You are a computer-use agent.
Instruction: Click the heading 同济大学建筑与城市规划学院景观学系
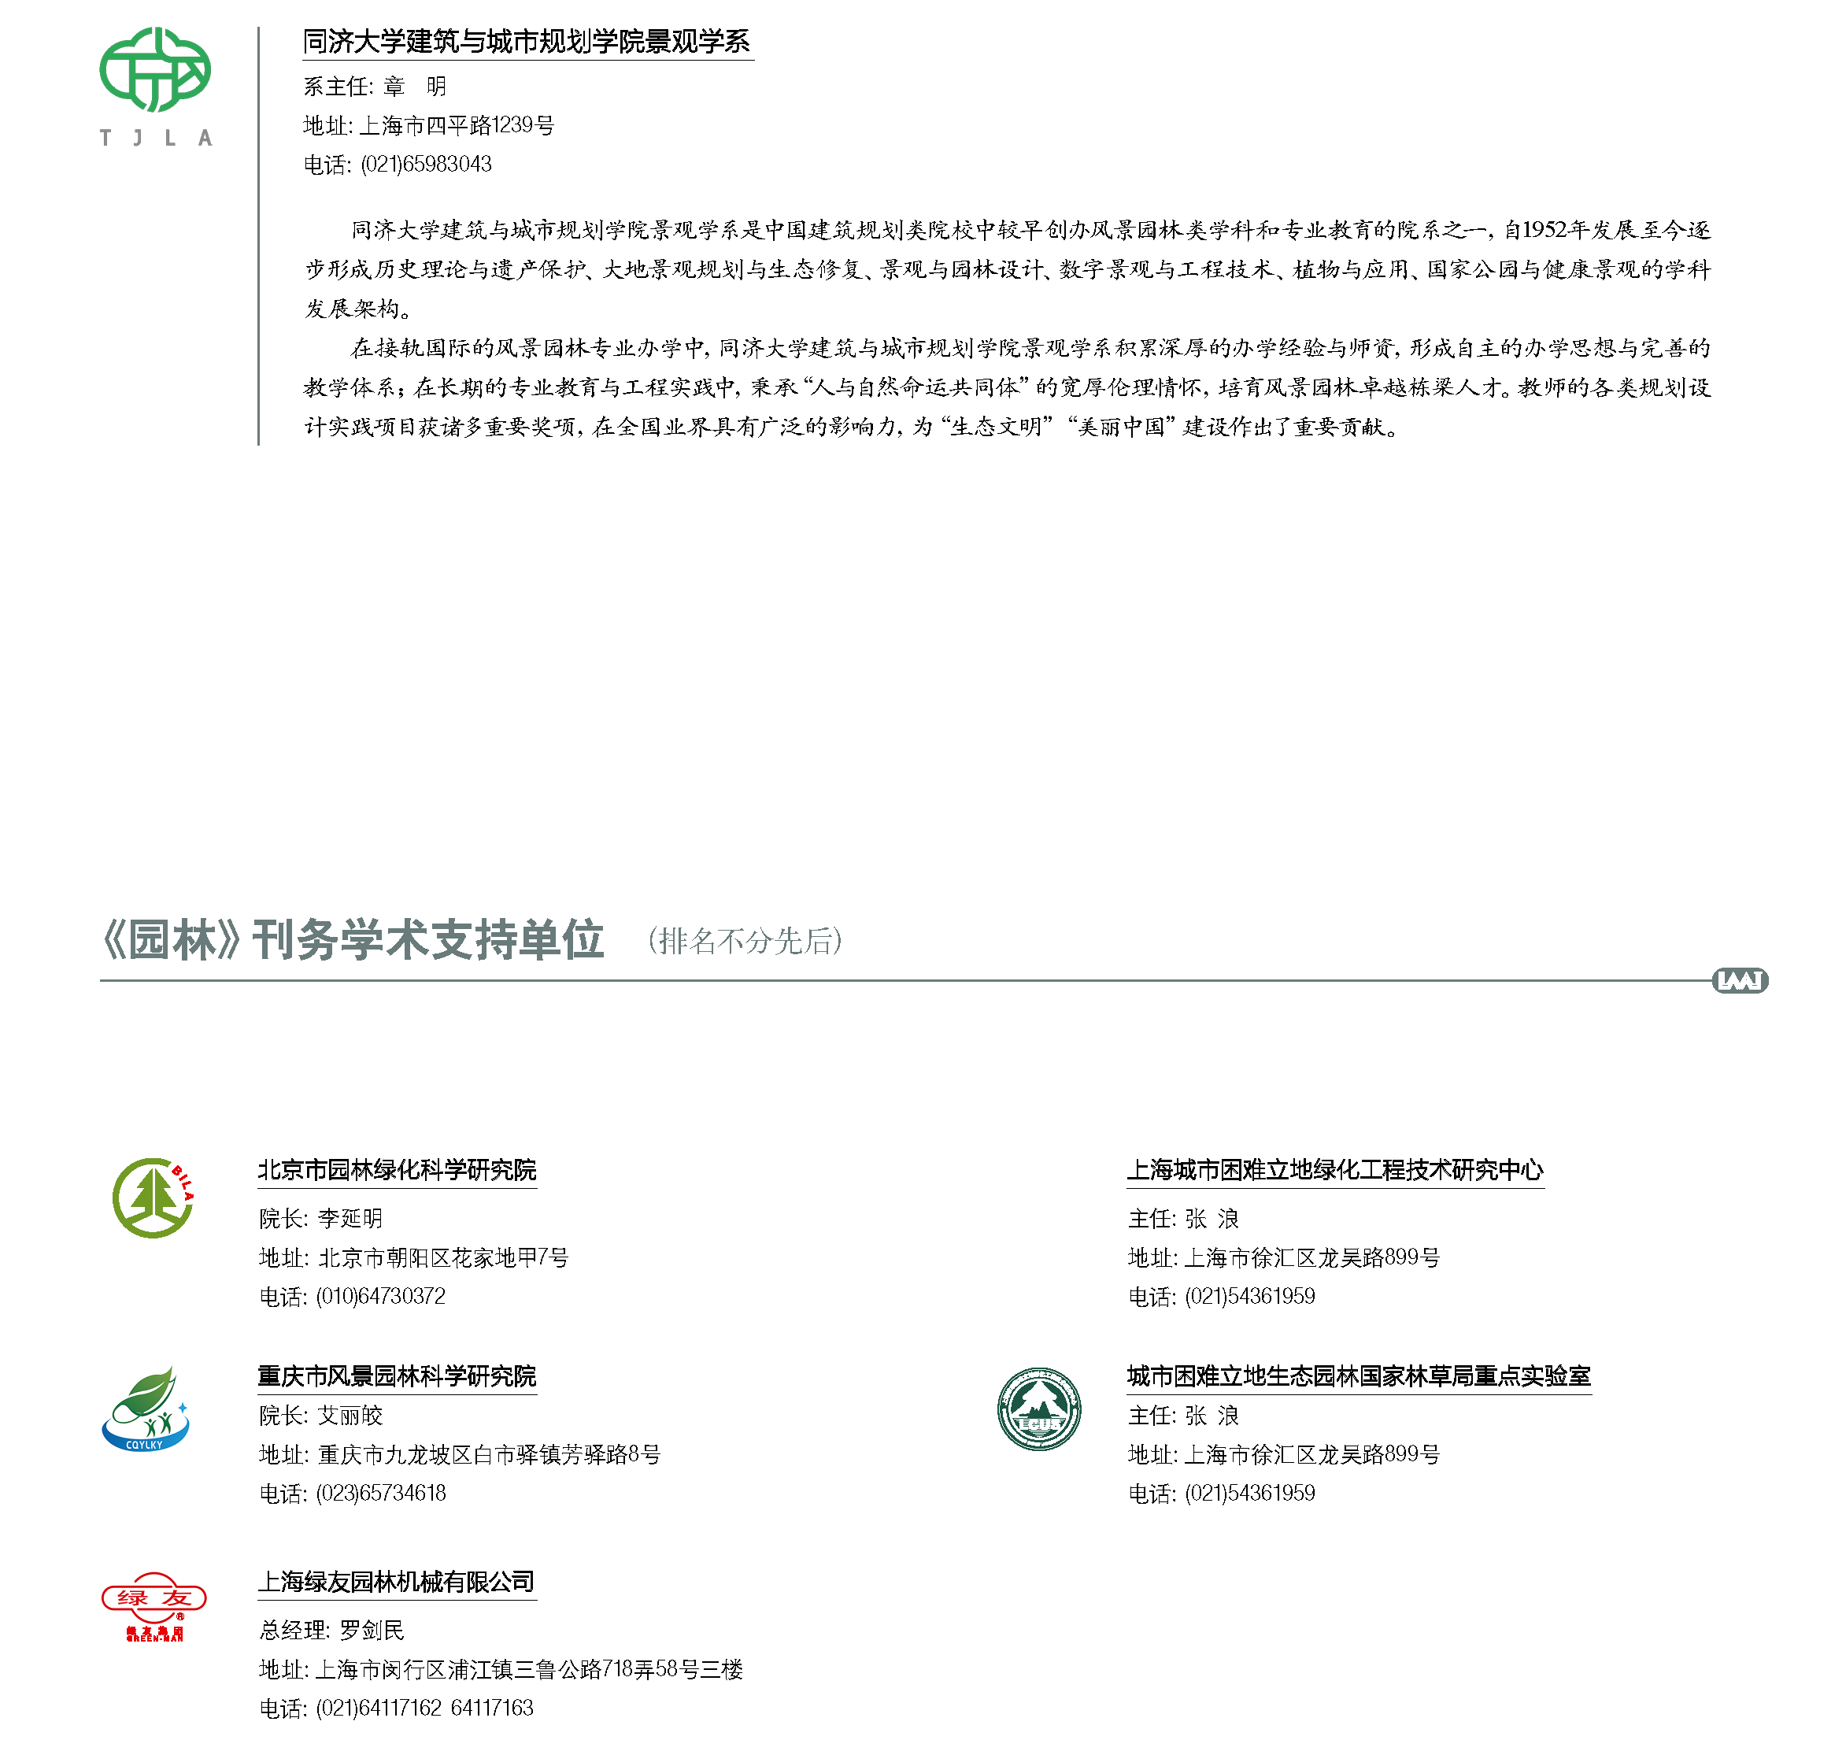(527, 42)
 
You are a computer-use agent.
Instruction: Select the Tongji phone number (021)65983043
(426, 165)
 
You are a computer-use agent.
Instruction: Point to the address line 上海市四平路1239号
(456, 125)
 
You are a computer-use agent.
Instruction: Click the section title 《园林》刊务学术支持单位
(352, 941)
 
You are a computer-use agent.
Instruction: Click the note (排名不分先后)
(745, 942)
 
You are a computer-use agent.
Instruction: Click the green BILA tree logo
(154, 1198)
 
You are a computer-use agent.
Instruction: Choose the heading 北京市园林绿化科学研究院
(398, 1170)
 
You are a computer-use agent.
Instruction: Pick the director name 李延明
(350, 1218)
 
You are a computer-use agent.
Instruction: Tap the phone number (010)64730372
(381, 1296)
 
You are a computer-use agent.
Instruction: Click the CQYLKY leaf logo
(145, 1408)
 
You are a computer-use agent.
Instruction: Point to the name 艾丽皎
(350, 1415)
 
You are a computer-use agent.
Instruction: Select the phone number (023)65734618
(381, 1493)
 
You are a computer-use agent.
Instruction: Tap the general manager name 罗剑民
(372, 1631)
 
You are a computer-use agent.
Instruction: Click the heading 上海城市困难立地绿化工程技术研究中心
(1335, 1170)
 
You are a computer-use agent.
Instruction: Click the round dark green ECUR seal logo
(1039, 1409)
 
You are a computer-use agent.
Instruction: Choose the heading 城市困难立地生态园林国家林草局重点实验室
(1359, 1376)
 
